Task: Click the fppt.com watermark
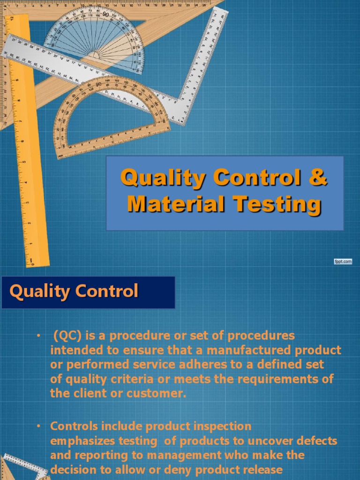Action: coord(343,262)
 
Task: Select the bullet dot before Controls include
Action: coord(39,427)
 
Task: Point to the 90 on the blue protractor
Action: coord(105,15)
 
